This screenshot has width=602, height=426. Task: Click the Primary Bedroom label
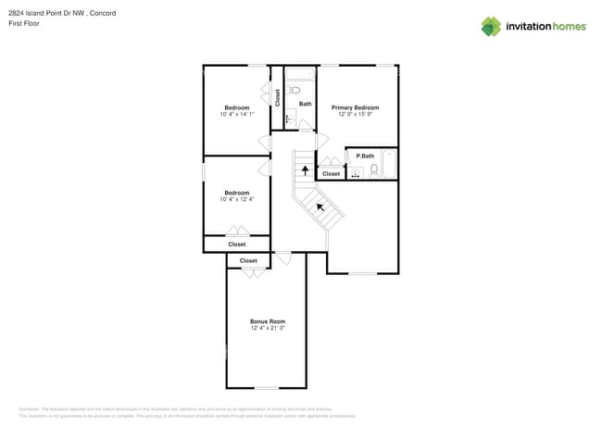[x=355, y=107]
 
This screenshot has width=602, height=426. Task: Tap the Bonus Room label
[x=267, y=321]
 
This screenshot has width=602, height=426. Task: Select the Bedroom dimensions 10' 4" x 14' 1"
[x=236, y=115]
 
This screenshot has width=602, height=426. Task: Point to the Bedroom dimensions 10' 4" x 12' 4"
[x=236, y=199]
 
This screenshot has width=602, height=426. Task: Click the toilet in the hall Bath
[x=295, y=91]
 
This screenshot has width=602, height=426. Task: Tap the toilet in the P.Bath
[x=374, y=170]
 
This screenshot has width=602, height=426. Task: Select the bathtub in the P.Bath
[x=389, y=165]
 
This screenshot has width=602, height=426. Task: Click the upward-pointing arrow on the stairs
[x=305, y=170]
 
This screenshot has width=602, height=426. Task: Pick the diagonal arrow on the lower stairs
[x=320, y=207]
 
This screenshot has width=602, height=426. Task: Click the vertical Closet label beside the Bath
[x=277, y=98]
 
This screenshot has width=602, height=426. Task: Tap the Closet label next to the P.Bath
[x=331, y=174]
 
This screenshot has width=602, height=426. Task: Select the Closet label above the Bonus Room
[x=248, y=261]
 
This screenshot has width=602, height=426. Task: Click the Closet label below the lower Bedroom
[x=236, y=244]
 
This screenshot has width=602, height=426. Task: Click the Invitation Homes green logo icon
[x=490, y=26]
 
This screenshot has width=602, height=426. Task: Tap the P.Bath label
[x=365, y=156]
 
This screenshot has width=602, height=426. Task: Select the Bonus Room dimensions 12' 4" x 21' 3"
[x=267, y=329]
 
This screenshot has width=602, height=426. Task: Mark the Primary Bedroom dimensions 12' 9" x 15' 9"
[x=355, y=115]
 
